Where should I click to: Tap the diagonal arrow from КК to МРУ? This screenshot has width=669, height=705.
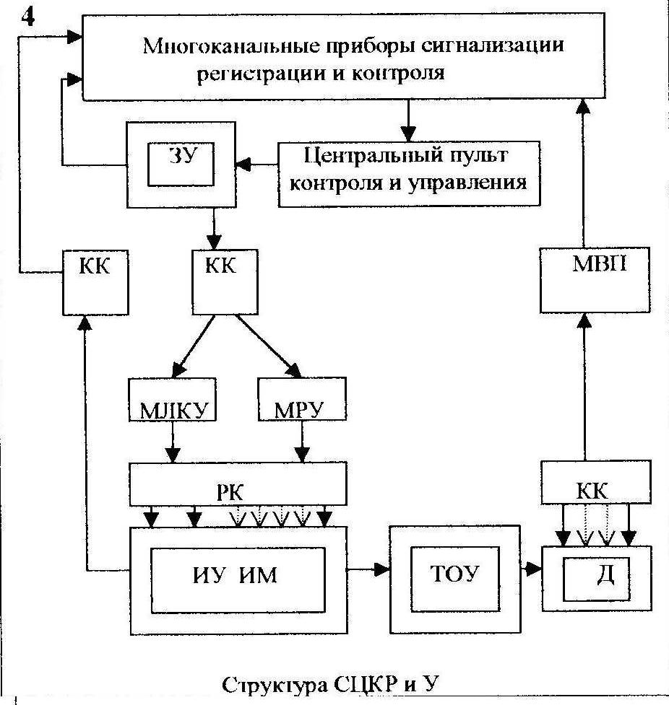(269, 346)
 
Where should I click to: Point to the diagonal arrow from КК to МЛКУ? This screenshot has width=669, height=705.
(193, 346)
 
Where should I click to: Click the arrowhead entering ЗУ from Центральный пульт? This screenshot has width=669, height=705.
(243, 165)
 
